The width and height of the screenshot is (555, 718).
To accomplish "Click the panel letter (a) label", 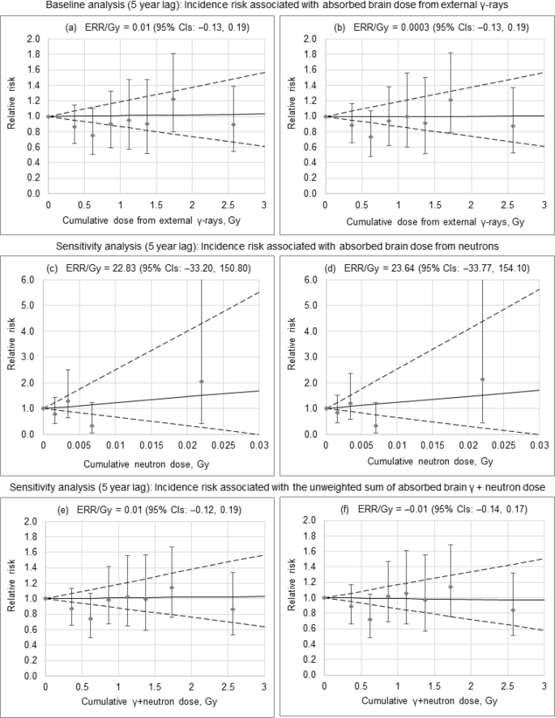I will [x=71, y=27].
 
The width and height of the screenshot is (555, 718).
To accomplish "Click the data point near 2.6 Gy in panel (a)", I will [x=233, y=125].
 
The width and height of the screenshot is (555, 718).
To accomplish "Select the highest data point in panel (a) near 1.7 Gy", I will [x=173, y=99].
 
